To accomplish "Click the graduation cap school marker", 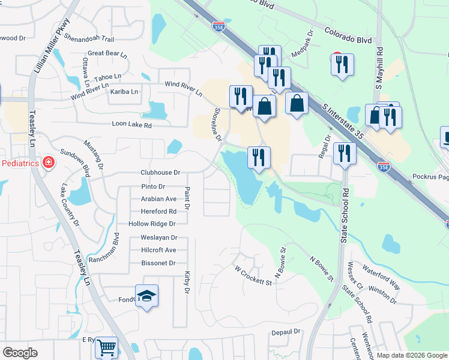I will pos(146,296).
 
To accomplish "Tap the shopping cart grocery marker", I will pos(106,347).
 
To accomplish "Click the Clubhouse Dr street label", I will pos(160,172).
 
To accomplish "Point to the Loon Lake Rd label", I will pos(131,125).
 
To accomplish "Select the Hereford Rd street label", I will pos(158,211).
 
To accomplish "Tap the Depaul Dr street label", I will pos(285,332).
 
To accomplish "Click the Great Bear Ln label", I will pos(107,53).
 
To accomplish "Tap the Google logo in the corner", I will pos(20,353).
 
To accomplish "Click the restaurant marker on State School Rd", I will pos(345,154).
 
